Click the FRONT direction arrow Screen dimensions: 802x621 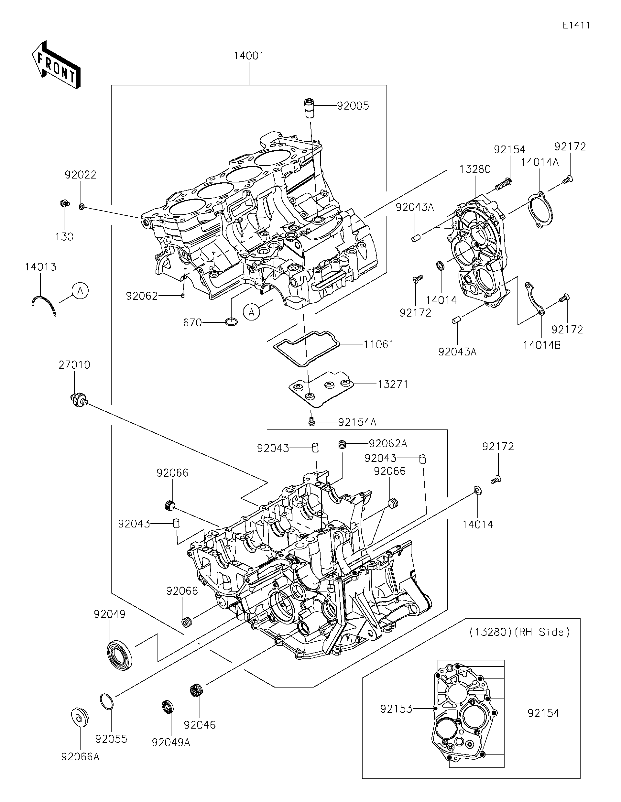click(x=56, y=65)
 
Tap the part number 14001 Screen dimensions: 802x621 click(x=249, y=56)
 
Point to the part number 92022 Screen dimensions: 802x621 click(x=81, y=175)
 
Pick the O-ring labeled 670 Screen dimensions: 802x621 click(x=231, y=322)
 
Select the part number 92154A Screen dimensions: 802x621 click(x=357, y=422)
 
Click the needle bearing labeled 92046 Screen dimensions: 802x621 click(x=198, y=691)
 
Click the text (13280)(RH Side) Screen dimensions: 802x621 click(x=519, y=632)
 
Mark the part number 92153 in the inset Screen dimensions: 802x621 click(x=396, y=709)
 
